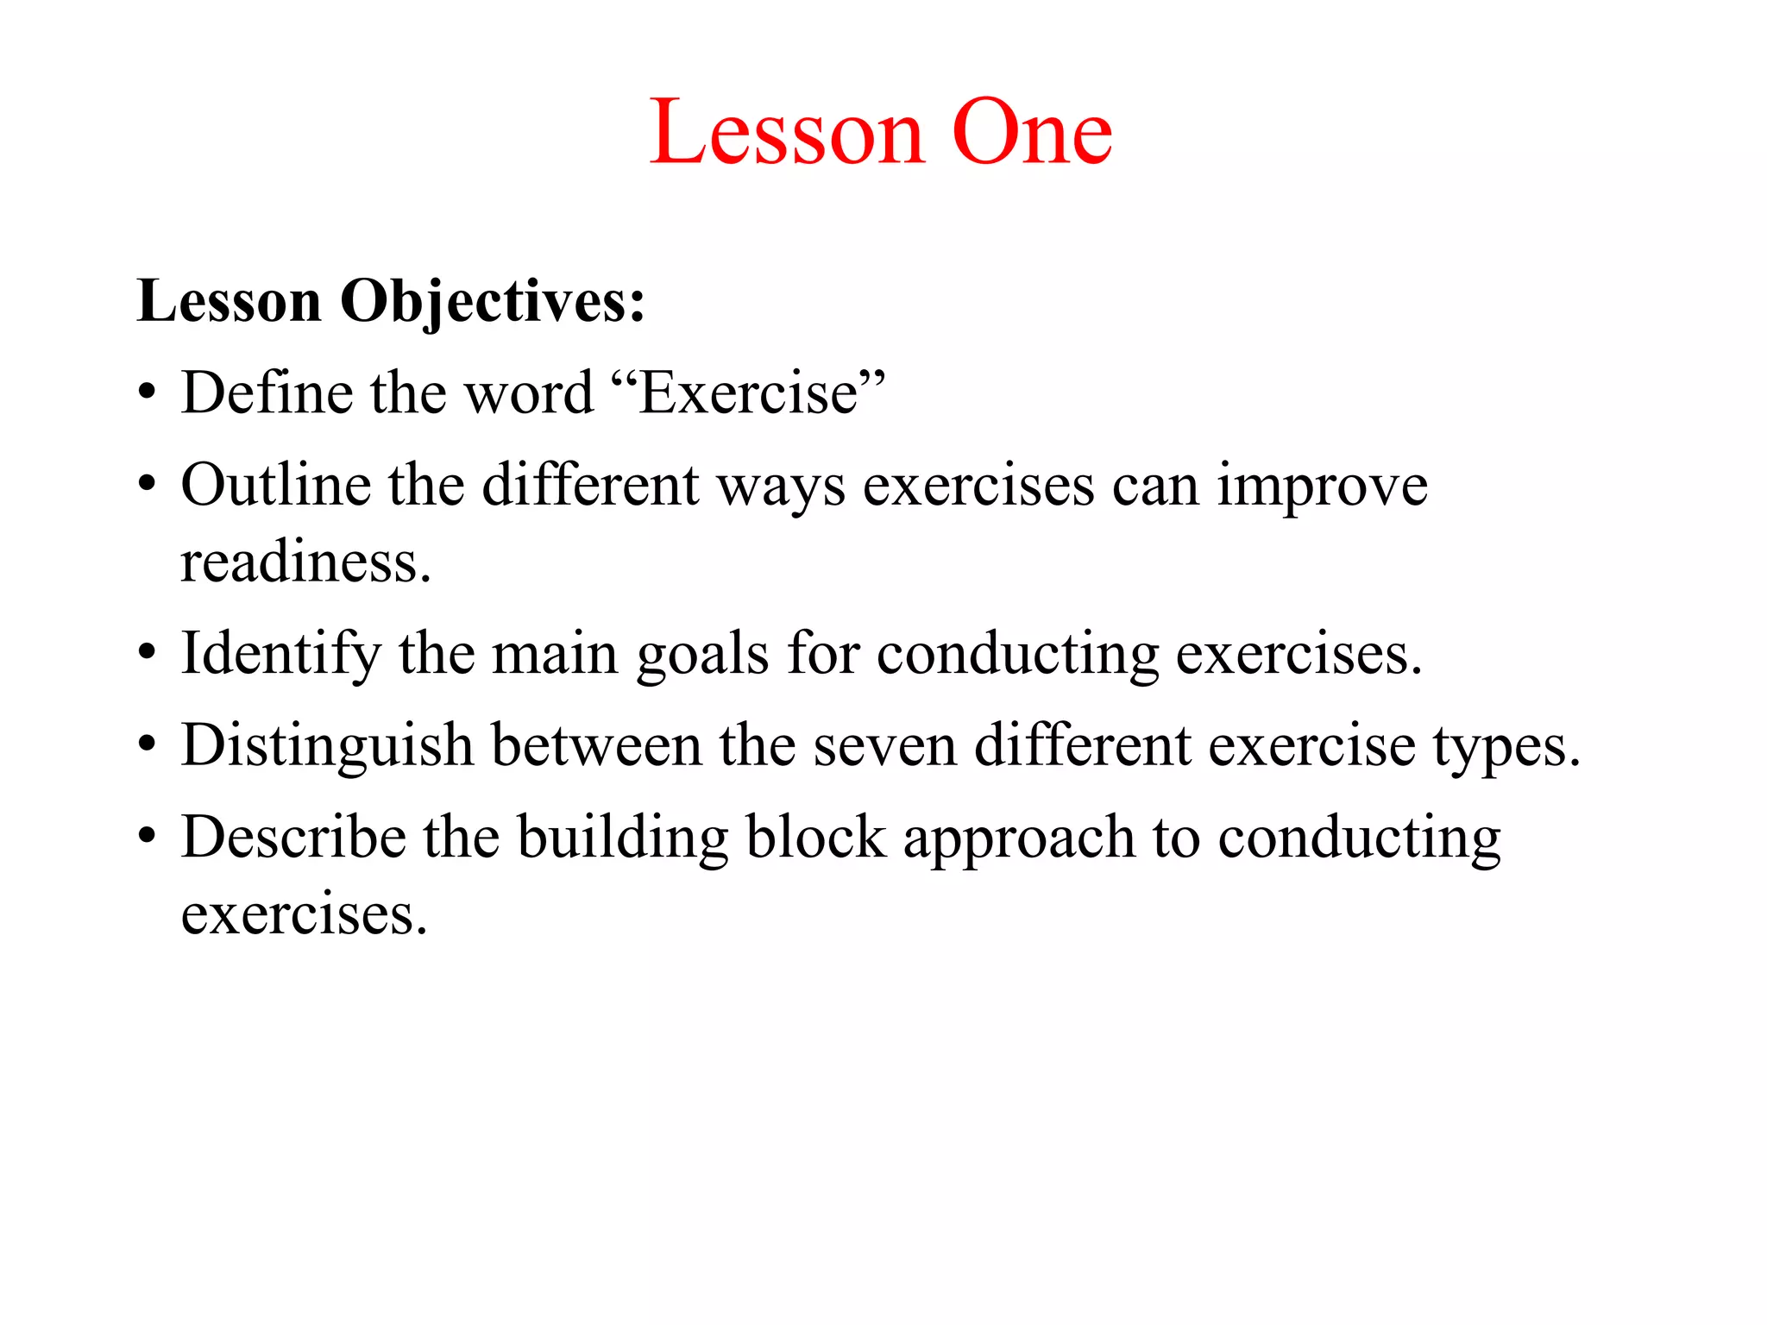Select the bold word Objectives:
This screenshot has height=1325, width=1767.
point(493,303)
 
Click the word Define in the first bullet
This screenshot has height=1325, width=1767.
point(267,393)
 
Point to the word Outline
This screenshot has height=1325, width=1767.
point(275,485)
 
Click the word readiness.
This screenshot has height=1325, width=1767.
point(305,562)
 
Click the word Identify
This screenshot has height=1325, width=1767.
point(280,654)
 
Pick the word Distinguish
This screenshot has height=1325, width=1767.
point(327,745)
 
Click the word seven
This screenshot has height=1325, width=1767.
point(884,745)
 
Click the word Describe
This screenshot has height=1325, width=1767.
point(293,837)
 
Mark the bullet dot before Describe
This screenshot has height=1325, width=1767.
point(148,838)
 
